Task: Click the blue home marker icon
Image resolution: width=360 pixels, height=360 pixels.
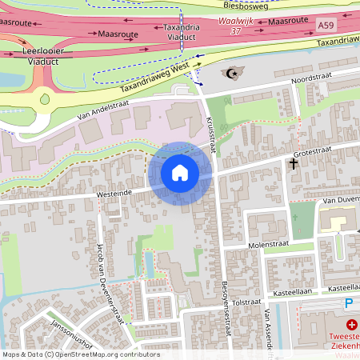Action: coord(180,173)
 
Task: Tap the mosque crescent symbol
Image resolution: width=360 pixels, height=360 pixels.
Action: coord(234,71)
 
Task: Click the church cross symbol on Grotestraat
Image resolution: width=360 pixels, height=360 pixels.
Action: coord(294,164)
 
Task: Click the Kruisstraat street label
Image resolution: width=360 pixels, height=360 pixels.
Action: coord(212,133)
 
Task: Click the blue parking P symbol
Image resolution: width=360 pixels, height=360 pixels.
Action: coord(348,303)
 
